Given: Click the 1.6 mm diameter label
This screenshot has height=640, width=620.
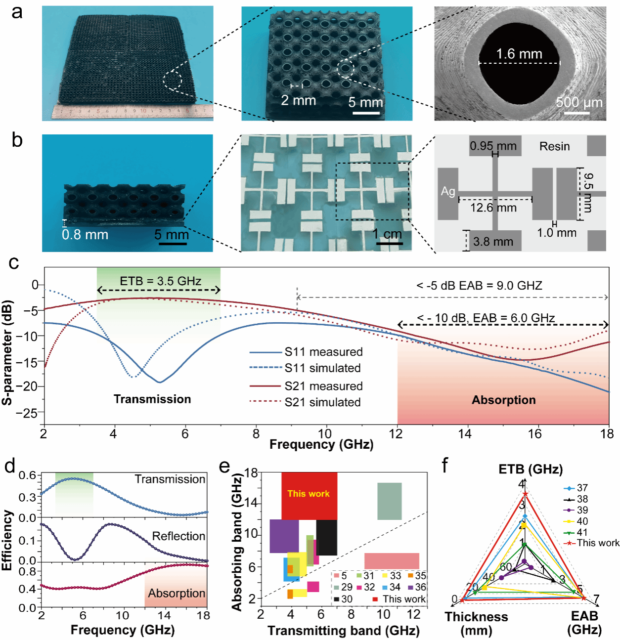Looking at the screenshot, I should point(519,54).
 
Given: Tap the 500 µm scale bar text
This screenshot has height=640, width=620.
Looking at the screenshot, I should point(579,102).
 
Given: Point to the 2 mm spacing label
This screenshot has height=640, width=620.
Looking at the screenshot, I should point(298,100).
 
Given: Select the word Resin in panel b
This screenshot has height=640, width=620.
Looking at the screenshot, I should point(554,146).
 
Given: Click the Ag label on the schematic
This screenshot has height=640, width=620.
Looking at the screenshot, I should point(448,191).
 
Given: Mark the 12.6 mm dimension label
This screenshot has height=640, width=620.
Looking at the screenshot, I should point(493,208).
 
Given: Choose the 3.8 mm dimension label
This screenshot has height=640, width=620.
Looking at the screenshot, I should point(493,242).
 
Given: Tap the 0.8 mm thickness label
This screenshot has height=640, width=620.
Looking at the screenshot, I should point(85,234).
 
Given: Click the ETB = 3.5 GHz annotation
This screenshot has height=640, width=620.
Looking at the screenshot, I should point(160,281).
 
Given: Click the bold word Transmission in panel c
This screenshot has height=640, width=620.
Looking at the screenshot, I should point(152,399).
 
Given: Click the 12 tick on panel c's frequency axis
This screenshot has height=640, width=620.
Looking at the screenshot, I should point(396,434).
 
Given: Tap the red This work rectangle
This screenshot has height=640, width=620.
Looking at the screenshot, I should point(309,494).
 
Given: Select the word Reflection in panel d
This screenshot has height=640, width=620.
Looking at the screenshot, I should point(178,536).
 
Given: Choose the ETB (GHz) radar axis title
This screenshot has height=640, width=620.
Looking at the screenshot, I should point(530,469).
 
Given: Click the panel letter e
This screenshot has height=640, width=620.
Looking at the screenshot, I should point(224,466).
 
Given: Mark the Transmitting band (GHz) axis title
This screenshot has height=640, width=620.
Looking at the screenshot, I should point(343,631).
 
